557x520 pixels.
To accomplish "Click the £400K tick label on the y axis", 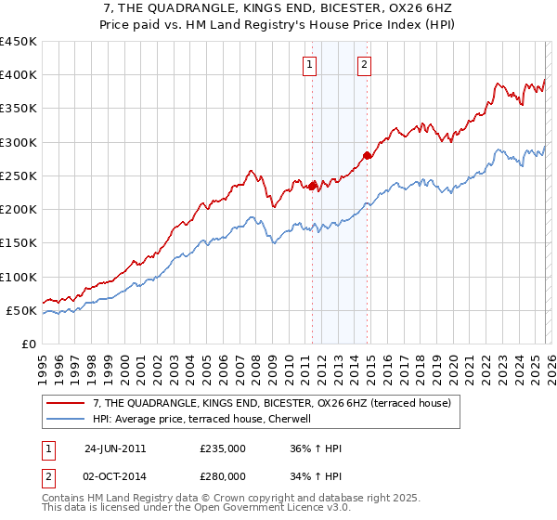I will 19,75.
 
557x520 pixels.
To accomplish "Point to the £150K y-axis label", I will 19,243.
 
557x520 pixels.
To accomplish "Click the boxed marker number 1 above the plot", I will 309,64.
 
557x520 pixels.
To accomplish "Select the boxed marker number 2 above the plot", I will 364,64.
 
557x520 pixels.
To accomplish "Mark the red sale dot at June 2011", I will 312,186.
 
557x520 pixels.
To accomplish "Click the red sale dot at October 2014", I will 367,156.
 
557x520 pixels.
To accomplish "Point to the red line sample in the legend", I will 66,404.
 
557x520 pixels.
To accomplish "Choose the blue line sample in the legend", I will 66,420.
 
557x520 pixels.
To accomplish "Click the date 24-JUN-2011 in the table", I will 115,448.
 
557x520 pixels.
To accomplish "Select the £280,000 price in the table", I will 222,475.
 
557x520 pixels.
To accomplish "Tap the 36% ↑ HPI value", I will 317,448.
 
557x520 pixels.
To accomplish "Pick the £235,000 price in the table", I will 222,448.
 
